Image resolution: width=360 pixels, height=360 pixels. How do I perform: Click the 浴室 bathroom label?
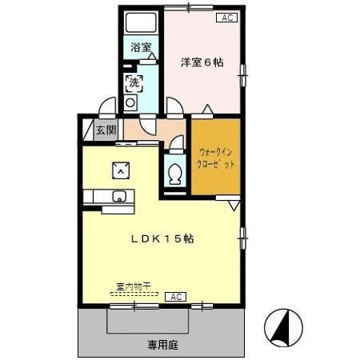tap(142, 47)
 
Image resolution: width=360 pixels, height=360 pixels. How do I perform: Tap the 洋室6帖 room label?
tap(202, 61)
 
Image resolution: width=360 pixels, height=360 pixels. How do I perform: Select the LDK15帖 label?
tap(162, 238)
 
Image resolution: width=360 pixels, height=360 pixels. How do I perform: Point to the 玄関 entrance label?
tap(106, 130)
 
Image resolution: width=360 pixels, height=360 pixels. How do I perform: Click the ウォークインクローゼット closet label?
tap(217, 158)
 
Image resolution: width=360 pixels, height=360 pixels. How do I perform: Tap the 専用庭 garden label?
tap(162, 345)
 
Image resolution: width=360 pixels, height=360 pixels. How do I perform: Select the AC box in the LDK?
tap(175, 296)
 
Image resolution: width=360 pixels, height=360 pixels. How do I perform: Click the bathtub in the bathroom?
tap(142, 23)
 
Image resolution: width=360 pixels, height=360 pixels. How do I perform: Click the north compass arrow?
tap(284, 326)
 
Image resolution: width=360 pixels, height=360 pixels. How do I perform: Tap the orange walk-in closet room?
tap(215, 156)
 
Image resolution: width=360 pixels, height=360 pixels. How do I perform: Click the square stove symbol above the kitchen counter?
tap(119, 168)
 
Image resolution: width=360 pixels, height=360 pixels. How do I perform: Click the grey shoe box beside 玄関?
tap(87, 130)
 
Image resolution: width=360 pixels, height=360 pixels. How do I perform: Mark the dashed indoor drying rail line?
tap(134, 294)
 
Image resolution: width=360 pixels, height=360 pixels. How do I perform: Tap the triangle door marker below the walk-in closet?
tap(233, 205)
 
